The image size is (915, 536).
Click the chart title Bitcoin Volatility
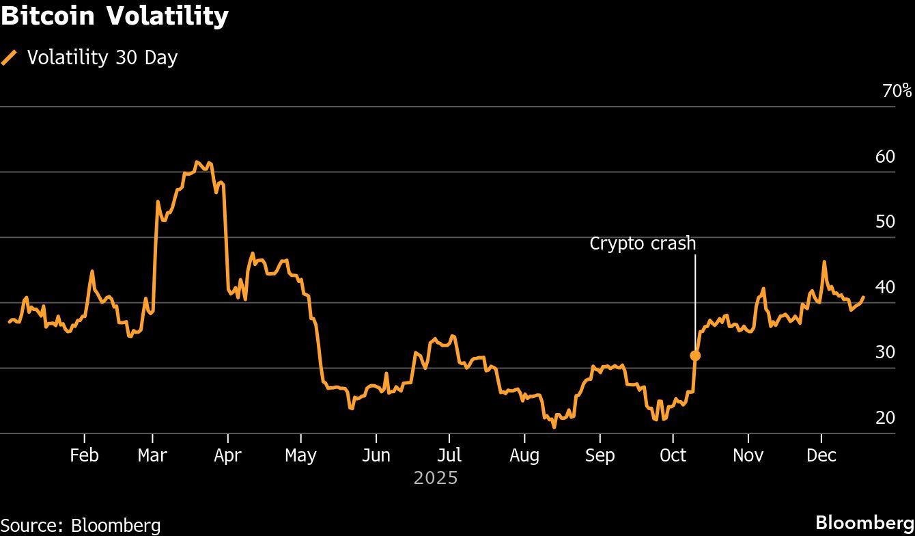point(115,16)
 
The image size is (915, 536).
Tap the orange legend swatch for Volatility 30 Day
point(10,57)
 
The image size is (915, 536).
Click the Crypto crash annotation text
point(643,243)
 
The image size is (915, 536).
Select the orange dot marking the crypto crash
point(695,356)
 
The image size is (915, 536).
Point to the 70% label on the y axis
point(897,91)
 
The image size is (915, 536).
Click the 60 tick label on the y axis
point(885,157)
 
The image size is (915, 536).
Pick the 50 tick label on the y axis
point(885,222)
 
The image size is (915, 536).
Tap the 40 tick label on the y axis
point(885,287)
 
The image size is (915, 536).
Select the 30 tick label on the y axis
point(885,352)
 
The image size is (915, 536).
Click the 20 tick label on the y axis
point(885,418)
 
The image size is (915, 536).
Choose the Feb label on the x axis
point(84,455)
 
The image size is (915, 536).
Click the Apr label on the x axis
point(227,455)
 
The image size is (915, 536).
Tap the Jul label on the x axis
point(449,455)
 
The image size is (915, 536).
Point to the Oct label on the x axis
point(673,455)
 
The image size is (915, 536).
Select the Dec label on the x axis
point(821,455)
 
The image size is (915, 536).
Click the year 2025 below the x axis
point(436,478)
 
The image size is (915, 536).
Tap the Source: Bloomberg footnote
point(81,525)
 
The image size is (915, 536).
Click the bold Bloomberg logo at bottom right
point(864,522)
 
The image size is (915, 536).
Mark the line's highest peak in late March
point(197,162)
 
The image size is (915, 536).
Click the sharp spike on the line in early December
point(824,262)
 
